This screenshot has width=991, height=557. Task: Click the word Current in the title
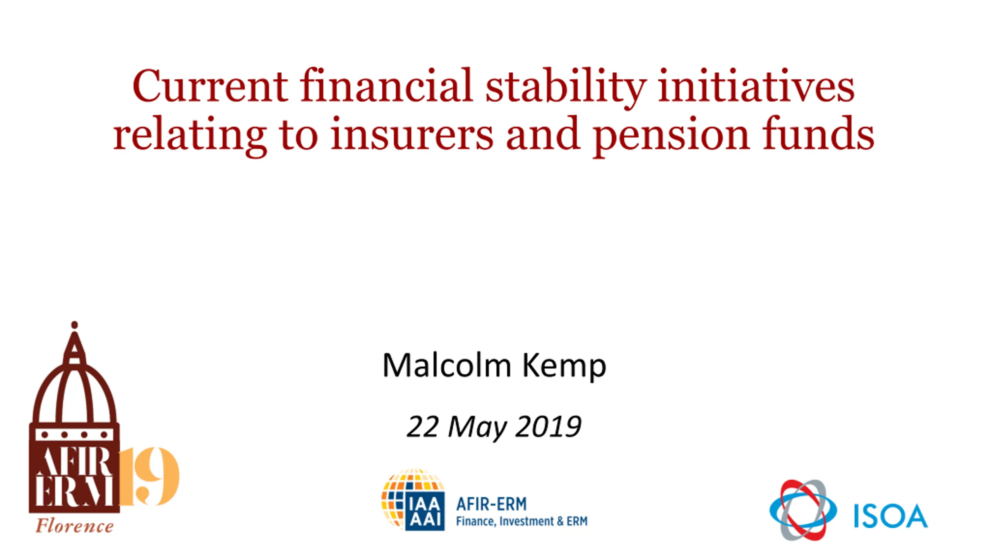pyautogui.click(x=210, y=85)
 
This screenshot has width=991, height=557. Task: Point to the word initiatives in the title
pyautogui.click(x=756, y=85)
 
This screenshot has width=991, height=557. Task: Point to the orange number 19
pyautogui.click(x=149, y=476)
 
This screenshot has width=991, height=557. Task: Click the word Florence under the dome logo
pyautogui.click(x=75, y=526)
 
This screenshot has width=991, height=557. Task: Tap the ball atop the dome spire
pyautogui.click(x=74, y=325)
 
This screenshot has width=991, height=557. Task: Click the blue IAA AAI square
pyautogui.click(x=425, y=511)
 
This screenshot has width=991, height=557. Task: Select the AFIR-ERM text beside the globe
pyautogui.click(x=491, y=504)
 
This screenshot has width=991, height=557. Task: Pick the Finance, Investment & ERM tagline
pyautogui.click(x=521, y=521)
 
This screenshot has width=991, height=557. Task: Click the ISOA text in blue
pyautogui.click(x=891, y=516)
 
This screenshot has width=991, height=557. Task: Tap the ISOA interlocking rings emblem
pyautogui.click(x=803, y=510)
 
